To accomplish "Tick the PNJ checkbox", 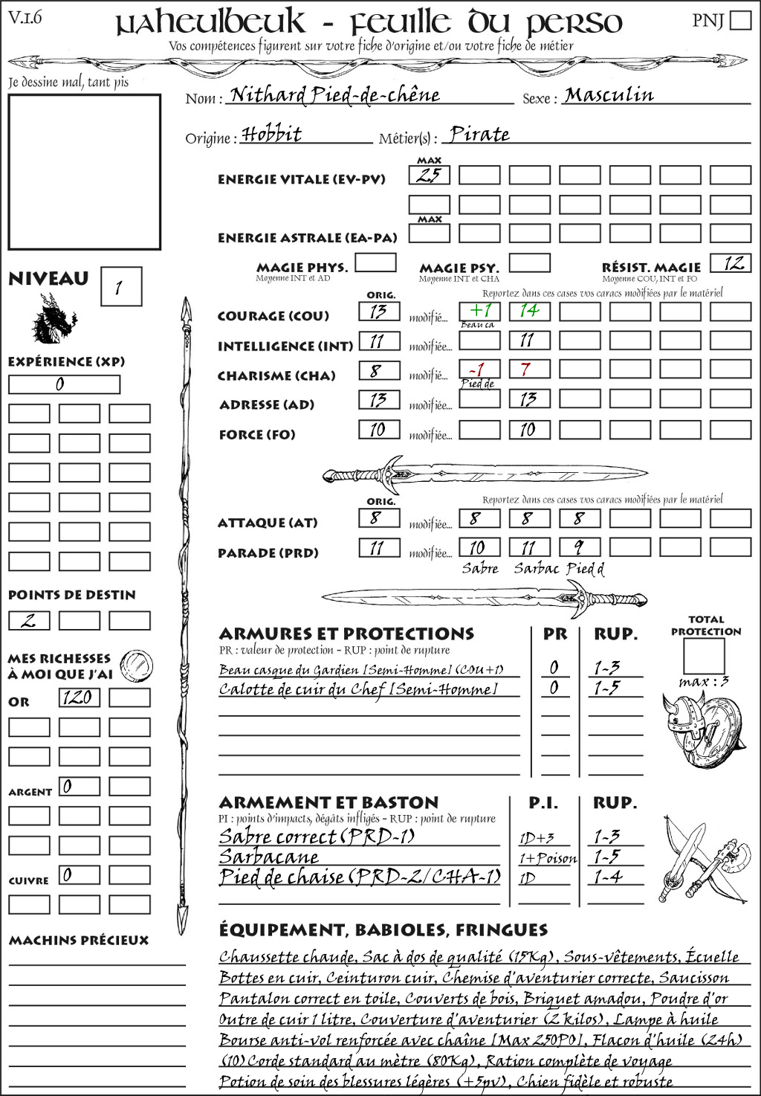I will pyautogui.click(x=740, y=19).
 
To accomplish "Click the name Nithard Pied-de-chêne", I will pyautogui.click(x=335, y=95).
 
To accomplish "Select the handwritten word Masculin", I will pyautogui.click(x=609, y=95).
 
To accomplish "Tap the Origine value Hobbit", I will pyautogui.click(x=272, y=135).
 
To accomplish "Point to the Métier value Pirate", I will pyautogui.click(x=480, y=135).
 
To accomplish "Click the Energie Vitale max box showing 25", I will pyautogui.click(x=430, y=175).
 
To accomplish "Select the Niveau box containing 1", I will pyautogui.click(x=120, y=287).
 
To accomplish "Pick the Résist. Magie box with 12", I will pyautogui.click(x=731, y=263).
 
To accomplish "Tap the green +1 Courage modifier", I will pyautogui.click(x=479, y=311).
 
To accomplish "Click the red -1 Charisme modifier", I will pyautogui.click(x=479, y=370).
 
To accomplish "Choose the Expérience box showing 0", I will pyautogui.click(x=64, y=384).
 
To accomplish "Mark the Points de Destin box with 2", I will pyautogui.click(x=29, y=621).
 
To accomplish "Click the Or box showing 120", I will pyautogui.click(x=79, y=697).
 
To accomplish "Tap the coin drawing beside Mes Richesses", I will pyautogui.click(x=137, y=665).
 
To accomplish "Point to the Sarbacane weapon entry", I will pyautogui.click(x=269, y=857).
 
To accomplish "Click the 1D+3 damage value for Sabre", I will pyautogui.click(x=537, y=838).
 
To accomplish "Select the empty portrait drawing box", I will pyautogui.click(x=84, y=173).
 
